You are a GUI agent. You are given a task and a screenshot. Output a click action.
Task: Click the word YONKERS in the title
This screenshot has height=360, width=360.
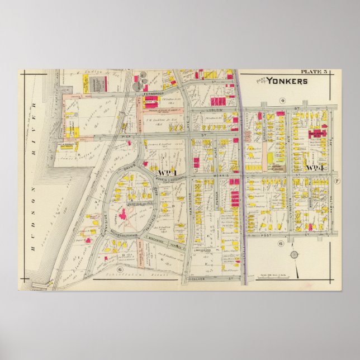point(286,81)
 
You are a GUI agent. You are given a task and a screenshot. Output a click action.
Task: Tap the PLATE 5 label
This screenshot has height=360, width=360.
point(315,72)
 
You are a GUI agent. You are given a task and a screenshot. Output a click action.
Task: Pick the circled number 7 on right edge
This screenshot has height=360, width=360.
point(337,181)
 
